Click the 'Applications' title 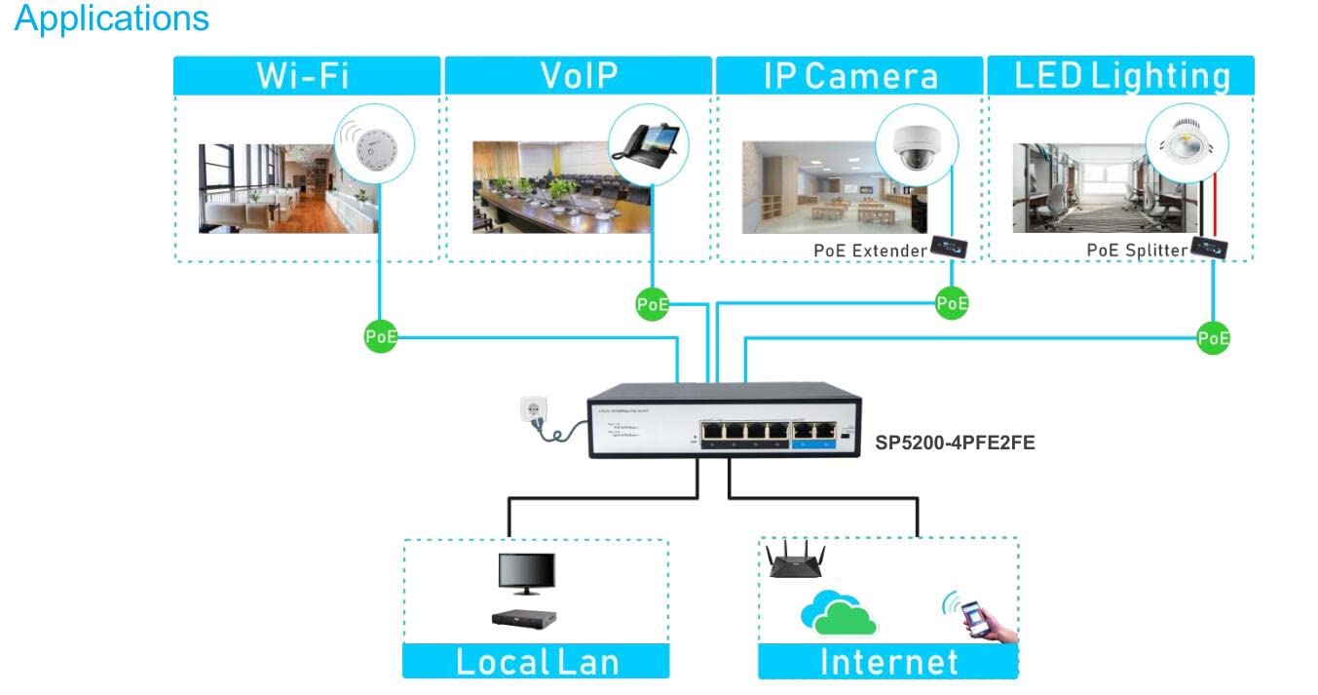[x=112, y=18]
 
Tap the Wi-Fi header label [x=303, y=76]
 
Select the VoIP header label [x=579, y=76]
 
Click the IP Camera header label [x=850, y=76]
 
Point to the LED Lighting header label [x=1122, y=76]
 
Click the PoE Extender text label [x=870, y=251]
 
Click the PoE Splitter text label [x=1137, y=251]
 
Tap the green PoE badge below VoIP [x=652, y=304]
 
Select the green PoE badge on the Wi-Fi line [x=380, y=337]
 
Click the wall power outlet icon [x=535, y=411]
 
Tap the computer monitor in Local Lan [x=526, y=573]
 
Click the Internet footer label [x=888, y=662]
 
